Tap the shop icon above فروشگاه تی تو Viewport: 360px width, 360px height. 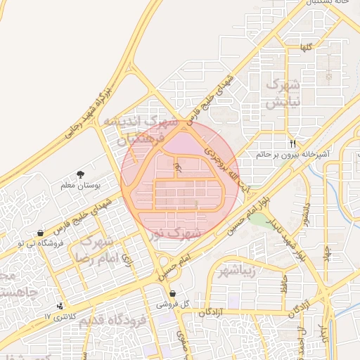(x=40, y=233)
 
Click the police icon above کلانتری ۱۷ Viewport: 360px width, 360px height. (x=60, y=306)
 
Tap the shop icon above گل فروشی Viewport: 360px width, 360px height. (x=173, y=294)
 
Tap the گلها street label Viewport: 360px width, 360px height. (x=304, y=48)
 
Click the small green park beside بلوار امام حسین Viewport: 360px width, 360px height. (x=261, y=221)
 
